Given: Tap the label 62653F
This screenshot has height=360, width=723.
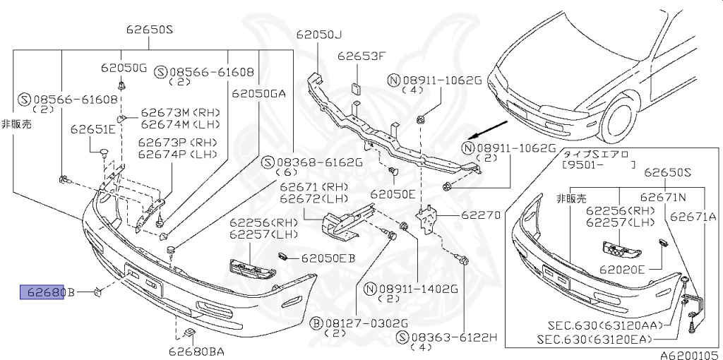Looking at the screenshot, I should tap(361, 56).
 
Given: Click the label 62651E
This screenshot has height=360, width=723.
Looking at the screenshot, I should tap(92, 129).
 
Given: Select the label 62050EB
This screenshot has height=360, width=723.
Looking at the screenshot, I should tap(328, 258).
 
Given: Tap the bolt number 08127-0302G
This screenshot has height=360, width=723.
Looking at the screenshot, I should tap(356, 322).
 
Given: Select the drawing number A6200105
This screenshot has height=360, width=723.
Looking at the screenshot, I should tap(689, 355).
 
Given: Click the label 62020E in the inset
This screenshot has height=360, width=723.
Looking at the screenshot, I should tap(622, 269).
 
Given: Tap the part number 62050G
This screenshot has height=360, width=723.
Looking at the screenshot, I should tap(124, 68).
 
